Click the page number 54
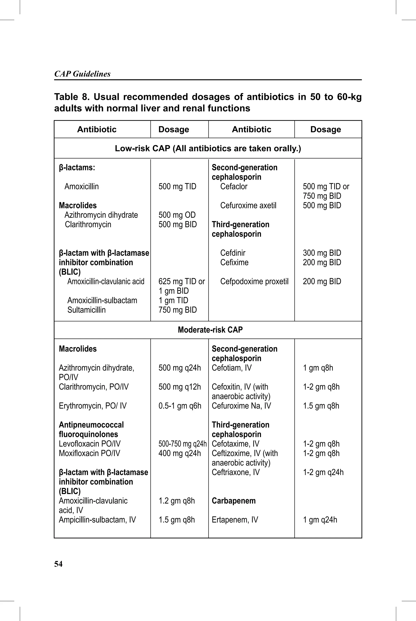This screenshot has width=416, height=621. point(58,564)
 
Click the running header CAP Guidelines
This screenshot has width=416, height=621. point(82,74)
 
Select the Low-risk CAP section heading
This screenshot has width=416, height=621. point(208,148)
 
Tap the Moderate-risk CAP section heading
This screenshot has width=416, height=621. point(210,330)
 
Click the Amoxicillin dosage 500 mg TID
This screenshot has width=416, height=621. point(177,186)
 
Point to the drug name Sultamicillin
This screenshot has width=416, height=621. point(87,310)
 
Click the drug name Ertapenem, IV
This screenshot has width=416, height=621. point(235,520)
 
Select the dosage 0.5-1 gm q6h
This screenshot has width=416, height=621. point(180,406)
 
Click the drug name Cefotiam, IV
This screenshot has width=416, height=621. point(232,368)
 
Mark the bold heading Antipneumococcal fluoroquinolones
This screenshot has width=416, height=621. point(91,430)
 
